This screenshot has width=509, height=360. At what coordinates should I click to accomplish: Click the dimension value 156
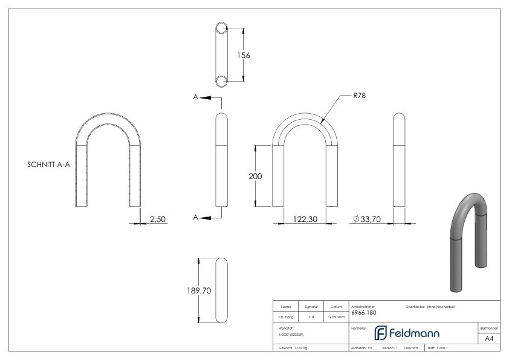pos(244,55)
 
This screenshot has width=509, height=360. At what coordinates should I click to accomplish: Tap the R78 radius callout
pos(360,96)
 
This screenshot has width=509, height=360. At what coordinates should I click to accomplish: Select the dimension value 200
pos(256,176)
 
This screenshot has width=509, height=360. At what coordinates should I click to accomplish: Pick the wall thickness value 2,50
pos(158,219)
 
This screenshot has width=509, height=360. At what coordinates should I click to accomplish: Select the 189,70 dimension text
pos(198,291)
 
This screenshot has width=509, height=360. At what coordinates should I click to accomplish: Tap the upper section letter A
pos(196,97)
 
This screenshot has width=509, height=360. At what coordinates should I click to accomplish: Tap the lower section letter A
pos(196,217)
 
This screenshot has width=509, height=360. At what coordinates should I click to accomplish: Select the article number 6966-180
pos(363,313)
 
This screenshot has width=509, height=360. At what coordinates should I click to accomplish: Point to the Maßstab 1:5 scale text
pos(361,349)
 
